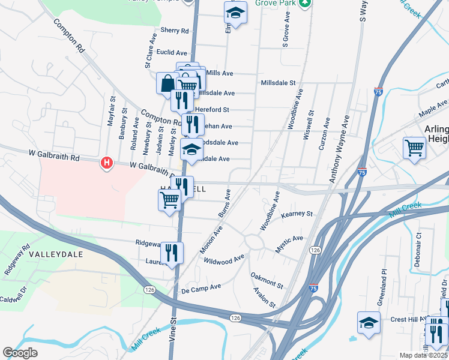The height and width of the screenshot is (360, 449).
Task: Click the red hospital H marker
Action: (x=107, y=163)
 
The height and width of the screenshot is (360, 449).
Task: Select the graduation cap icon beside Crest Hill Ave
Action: (x=369, y=322)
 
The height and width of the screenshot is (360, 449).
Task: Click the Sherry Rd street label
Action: (x=175, y=31)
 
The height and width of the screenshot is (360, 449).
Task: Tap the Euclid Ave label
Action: (x=173, y=52)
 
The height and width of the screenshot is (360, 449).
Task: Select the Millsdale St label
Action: (x=279, y=83)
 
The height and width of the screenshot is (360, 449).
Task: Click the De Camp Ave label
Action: (x=201, y=287)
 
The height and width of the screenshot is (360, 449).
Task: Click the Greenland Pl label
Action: (x=382, y=288)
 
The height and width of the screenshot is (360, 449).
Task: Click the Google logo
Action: (x=20, y=353)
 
